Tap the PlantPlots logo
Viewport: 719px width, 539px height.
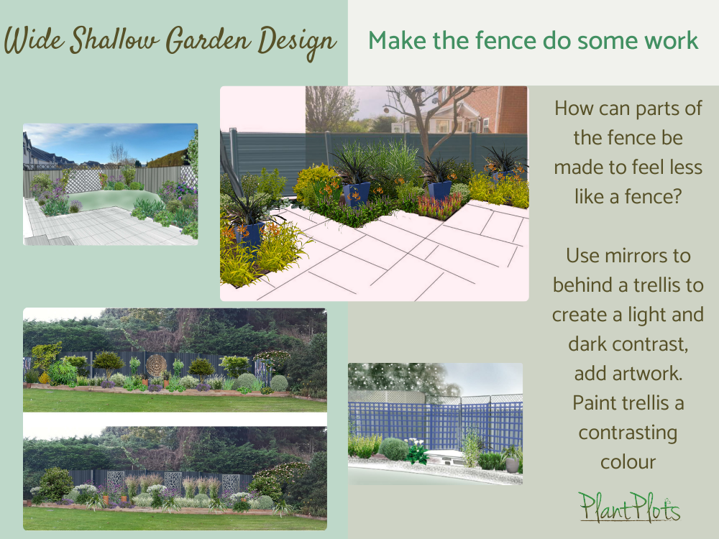[629, 507]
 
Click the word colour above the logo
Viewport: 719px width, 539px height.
[627, 462]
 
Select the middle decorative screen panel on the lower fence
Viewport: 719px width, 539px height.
[173, 483]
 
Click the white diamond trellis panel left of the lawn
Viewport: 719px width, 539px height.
[80, 180]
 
